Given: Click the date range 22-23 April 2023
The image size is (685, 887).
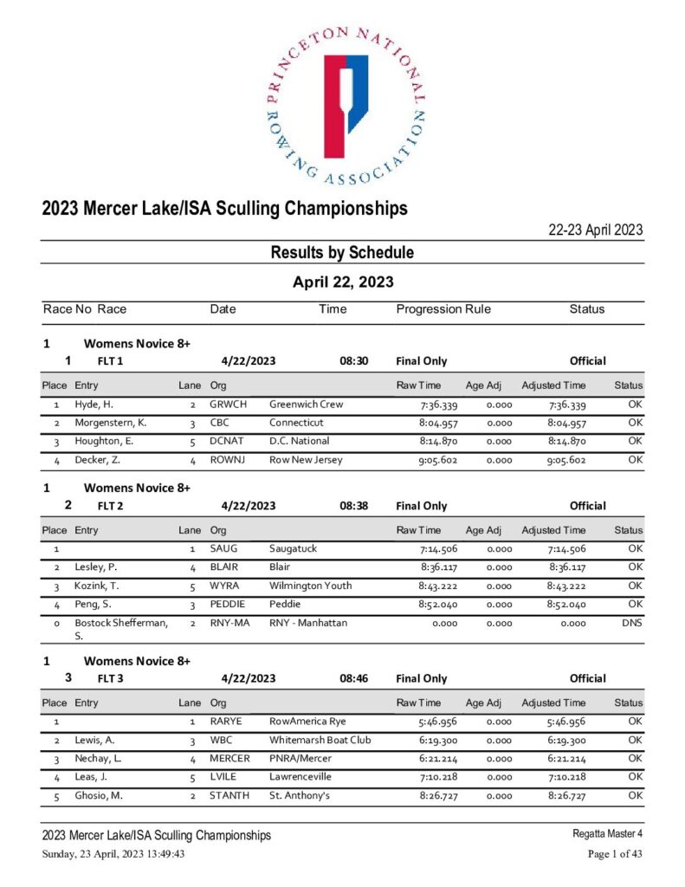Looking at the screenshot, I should pyautogui.click(x=596, y=230).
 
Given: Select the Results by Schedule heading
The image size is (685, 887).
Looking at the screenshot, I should pyautogui.click(x=342, y=253).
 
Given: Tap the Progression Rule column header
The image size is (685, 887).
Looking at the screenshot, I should pyautogui.click(x=443, y=309).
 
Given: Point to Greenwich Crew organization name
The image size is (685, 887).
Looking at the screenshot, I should pyautogui.click(x=306, y=405).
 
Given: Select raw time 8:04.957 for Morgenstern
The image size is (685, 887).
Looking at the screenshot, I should pyautogui.click(x=437, y=423).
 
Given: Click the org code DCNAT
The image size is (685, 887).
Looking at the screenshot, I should pyautogui.click(x=228, y=442).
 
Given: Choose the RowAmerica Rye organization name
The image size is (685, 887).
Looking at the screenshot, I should pyautogui.click(x=308, y=722).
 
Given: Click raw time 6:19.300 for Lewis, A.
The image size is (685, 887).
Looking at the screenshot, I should pyautogui.click(x=437, y=741).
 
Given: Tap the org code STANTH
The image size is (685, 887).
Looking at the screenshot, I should pyautogui.click(x=229, y=795).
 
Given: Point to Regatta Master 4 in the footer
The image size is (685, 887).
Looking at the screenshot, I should pyautogui.click(x=608, y=834).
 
